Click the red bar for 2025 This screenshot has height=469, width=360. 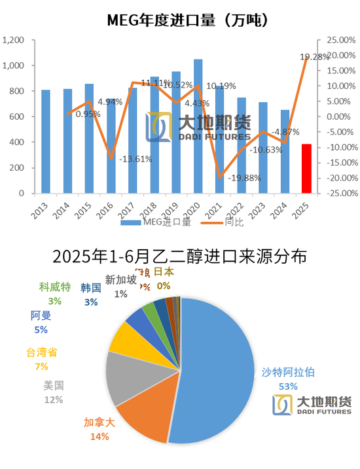(306, 169)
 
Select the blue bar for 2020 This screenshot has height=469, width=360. (198, 126)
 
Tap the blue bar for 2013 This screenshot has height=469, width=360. (46, 141)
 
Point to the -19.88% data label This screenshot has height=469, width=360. (243, 178)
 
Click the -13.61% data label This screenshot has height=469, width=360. (135, 159)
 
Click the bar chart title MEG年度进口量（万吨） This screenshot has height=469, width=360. (179, 20)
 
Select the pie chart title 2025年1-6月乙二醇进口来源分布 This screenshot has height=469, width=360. (179, 256)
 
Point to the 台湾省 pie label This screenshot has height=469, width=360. (42, 353)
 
